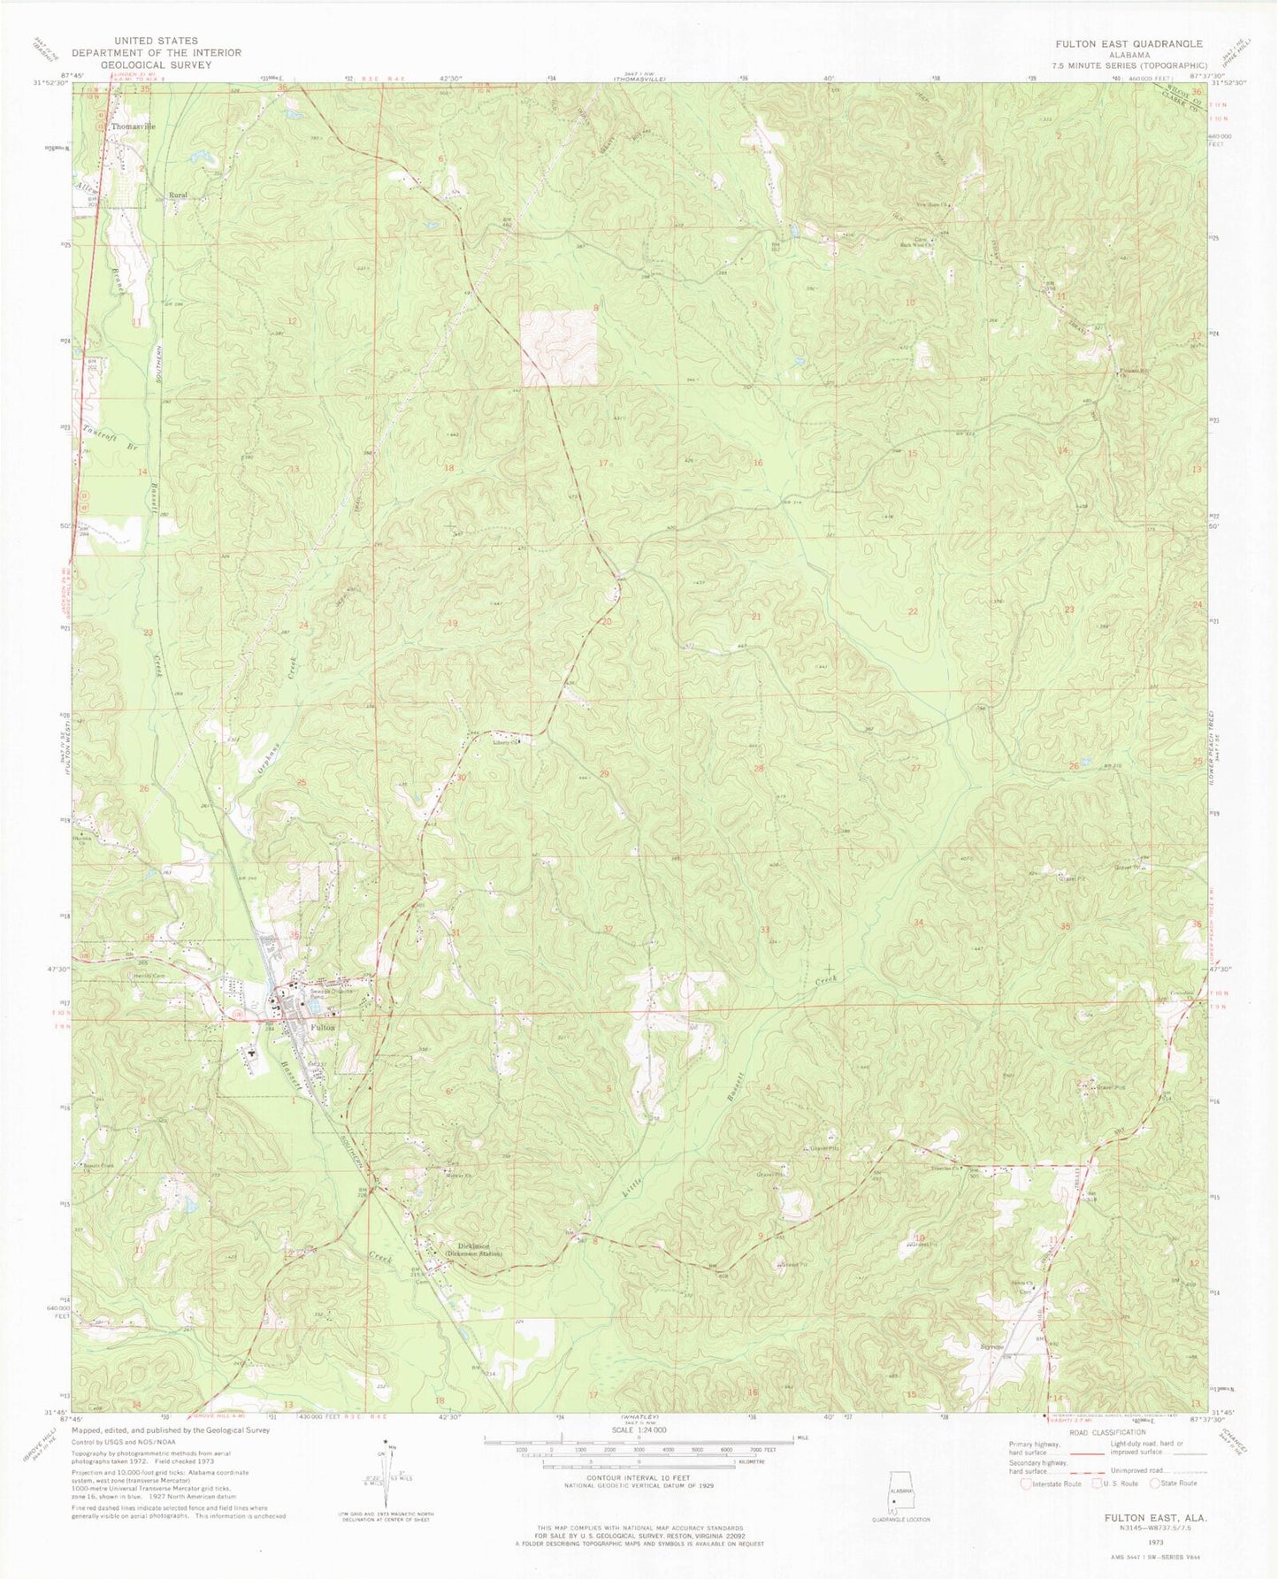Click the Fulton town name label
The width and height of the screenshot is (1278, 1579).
click(323, 1027)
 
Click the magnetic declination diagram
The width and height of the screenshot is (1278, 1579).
click(391, 1479)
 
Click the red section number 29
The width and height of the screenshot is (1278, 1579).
click(605, 774)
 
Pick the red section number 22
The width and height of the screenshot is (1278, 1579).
click(913, 611)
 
